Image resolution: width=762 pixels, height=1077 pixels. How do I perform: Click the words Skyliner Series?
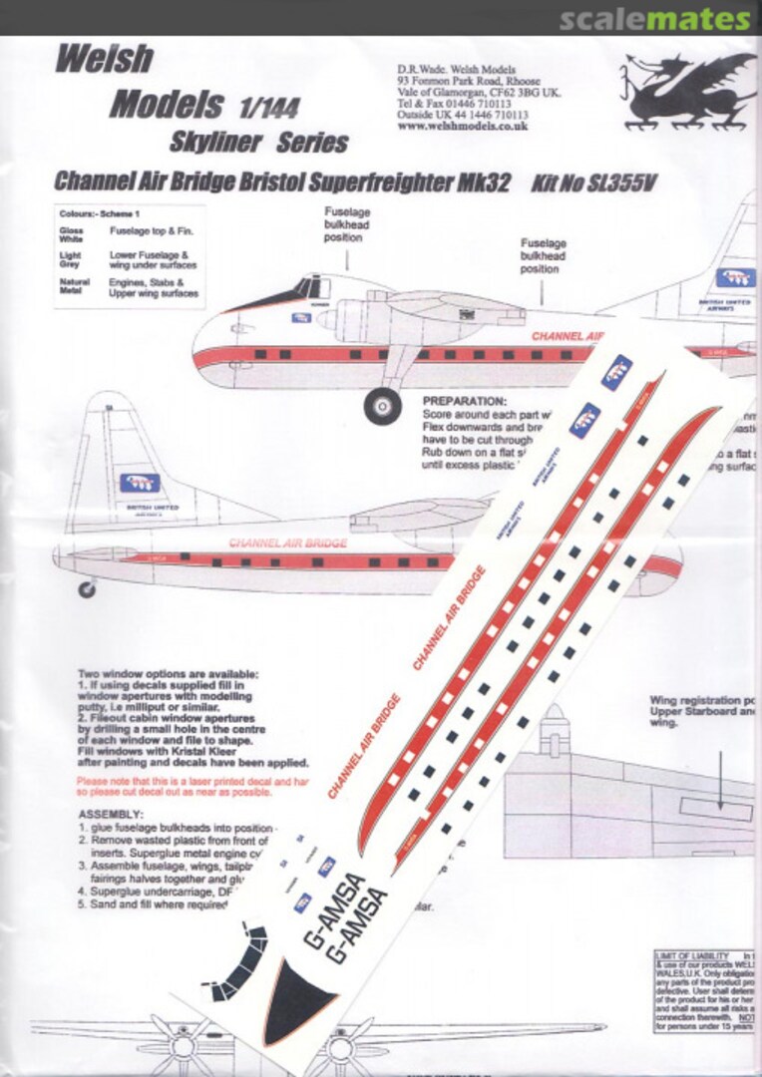coord(258,143)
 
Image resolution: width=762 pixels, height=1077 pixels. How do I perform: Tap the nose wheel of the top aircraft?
coord(383,405)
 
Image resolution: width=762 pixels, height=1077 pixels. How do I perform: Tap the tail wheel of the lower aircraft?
coord(87,589)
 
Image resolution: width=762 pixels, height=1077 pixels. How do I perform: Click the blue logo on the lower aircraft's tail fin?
coord(141,483)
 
